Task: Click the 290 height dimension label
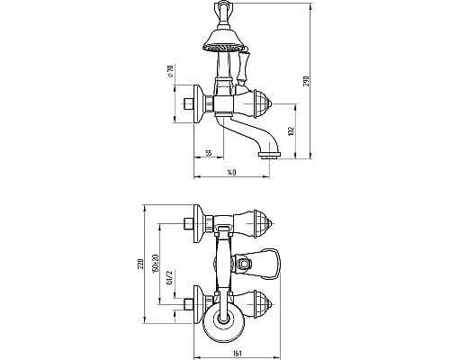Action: (306, 81)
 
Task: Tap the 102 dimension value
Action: (292, 131)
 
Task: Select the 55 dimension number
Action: (209, 153)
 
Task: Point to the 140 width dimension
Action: (231, 173)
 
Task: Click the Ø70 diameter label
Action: (171, 71)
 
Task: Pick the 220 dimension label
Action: (140, 264)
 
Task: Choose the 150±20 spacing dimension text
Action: (155, 264)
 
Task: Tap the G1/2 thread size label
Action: (170, 277)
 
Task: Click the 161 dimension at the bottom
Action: (238, 353)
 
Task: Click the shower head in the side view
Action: (225, 40)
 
